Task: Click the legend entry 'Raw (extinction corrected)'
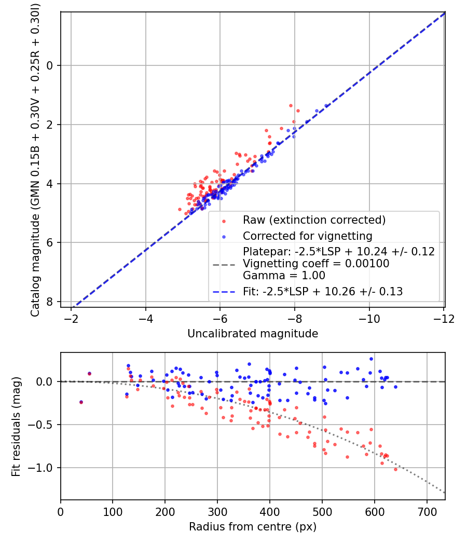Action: (x=314, y=220)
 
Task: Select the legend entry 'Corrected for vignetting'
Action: (x=307, y=236)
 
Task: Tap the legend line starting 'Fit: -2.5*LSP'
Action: (x=323, y=291)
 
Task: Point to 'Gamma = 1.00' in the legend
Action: (x=284, y=275)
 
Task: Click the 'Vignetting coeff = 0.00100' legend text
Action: (x=316, y=264)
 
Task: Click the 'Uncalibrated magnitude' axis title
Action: (x=253, y=334)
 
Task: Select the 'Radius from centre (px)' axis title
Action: (x=253, y=527)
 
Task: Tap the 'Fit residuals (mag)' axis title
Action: (x=16, y=426)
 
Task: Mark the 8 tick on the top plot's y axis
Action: (x=50, y=302)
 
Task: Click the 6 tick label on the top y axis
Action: (x=50, y=242)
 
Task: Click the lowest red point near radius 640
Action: (x=395, y=469)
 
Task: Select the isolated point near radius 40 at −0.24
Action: (x=81, y=402)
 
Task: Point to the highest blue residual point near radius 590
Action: (x=371, y=359)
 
